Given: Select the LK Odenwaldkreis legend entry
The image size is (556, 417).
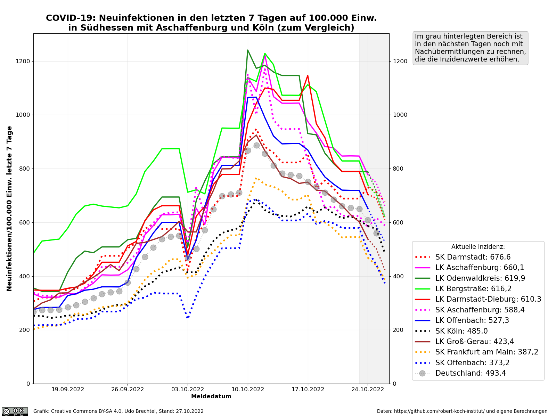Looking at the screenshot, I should click(x=480, y=278).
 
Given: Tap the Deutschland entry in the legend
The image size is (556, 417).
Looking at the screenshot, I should click(x=471, y=373).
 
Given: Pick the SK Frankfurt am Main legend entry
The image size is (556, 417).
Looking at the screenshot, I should click(x=486, y=352).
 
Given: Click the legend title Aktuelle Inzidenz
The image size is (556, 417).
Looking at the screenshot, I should click(x=478, y=247).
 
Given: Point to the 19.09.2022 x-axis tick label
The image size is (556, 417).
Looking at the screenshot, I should click(x=68, y=390).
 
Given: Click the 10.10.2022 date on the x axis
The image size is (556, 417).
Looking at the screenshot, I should click(x=248, y=390).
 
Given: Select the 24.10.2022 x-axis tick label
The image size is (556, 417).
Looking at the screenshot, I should click(x=368, y=390).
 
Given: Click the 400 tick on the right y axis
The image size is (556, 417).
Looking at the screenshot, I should click(x=398, y=276).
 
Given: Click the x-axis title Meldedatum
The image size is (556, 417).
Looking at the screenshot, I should click(x=211, y=396).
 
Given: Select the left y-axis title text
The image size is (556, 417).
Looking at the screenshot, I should click(x=10, y=208).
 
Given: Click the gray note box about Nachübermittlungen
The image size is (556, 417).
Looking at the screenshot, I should click(x=471, y=48).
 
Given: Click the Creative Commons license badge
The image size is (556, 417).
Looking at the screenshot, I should click(x=15, y=411).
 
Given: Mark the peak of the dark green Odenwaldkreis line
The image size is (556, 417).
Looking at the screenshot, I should click(x=248, y=50).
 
